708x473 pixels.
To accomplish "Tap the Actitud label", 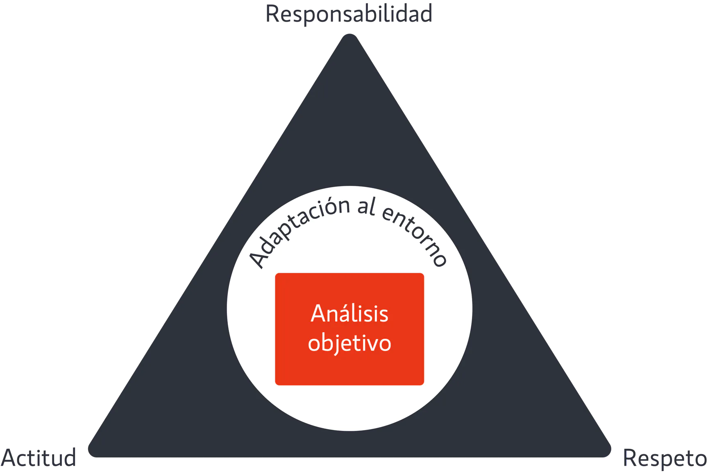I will click(x=38, y=458).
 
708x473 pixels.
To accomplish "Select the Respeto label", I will click(x=665, y=459).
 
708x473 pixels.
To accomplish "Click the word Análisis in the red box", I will click(x=349, y=314).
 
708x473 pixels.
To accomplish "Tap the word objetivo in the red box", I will click(x=349, y=343).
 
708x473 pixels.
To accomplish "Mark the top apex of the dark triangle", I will click(x=350, y=35).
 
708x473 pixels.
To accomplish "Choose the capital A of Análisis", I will click(x=318, y=314).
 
